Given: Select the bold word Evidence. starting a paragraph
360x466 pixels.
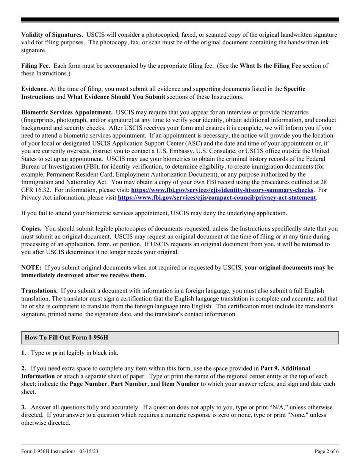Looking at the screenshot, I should click(34, 89).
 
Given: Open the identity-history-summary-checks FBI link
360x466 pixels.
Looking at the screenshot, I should click(222, 190).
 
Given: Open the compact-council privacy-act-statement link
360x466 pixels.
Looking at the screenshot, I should click(217, 197).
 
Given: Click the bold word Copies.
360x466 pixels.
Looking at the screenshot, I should click(31, 229).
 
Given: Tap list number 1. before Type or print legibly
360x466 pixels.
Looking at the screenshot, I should click(23, 353).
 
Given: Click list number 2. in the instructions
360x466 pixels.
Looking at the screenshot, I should click(23, 368).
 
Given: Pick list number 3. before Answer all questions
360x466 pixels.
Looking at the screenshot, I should click(23, 407).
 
